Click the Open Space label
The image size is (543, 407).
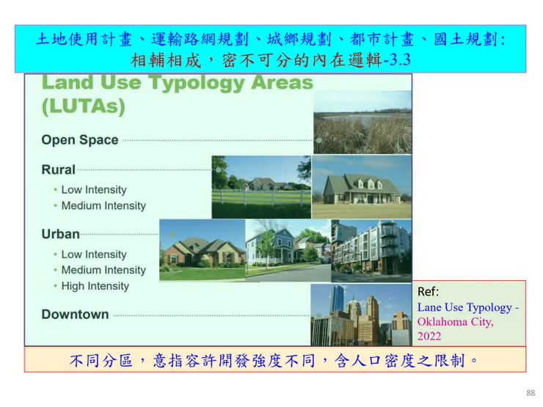click(x=80, y=140)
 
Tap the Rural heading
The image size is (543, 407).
click(x=58, y=169)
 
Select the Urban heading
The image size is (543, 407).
click(x=61, y=234)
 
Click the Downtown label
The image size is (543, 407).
click(x=75, y=315)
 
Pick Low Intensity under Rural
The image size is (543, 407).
click(x=94, y=190)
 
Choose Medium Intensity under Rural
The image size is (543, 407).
click(x=103, y=205)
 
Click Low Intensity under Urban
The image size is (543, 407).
click(x=94, y=254)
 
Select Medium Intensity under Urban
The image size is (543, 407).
click(x=103, y=270)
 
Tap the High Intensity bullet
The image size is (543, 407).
click(x=95, y=286)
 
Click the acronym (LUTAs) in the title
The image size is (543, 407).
click(x=83, y=106)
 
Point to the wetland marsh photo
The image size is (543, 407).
click(x=362, y=122)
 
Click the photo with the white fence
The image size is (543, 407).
click(x=261, y=187)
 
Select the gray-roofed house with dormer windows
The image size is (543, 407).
click(x=362, y=187)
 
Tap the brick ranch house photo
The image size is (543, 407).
click(x=203, y=250)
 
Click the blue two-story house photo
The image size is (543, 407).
click(x=288, y=251)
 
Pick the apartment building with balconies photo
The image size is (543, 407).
click(x=371, y=251)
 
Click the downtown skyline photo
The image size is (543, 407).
click(x=361, y=315)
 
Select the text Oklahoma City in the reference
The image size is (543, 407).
click(x=455, y=322)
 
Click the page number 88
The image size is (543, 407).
click(x=531, y=393)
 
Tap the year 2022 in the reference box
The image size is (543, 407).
click(x=429, y=336)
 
